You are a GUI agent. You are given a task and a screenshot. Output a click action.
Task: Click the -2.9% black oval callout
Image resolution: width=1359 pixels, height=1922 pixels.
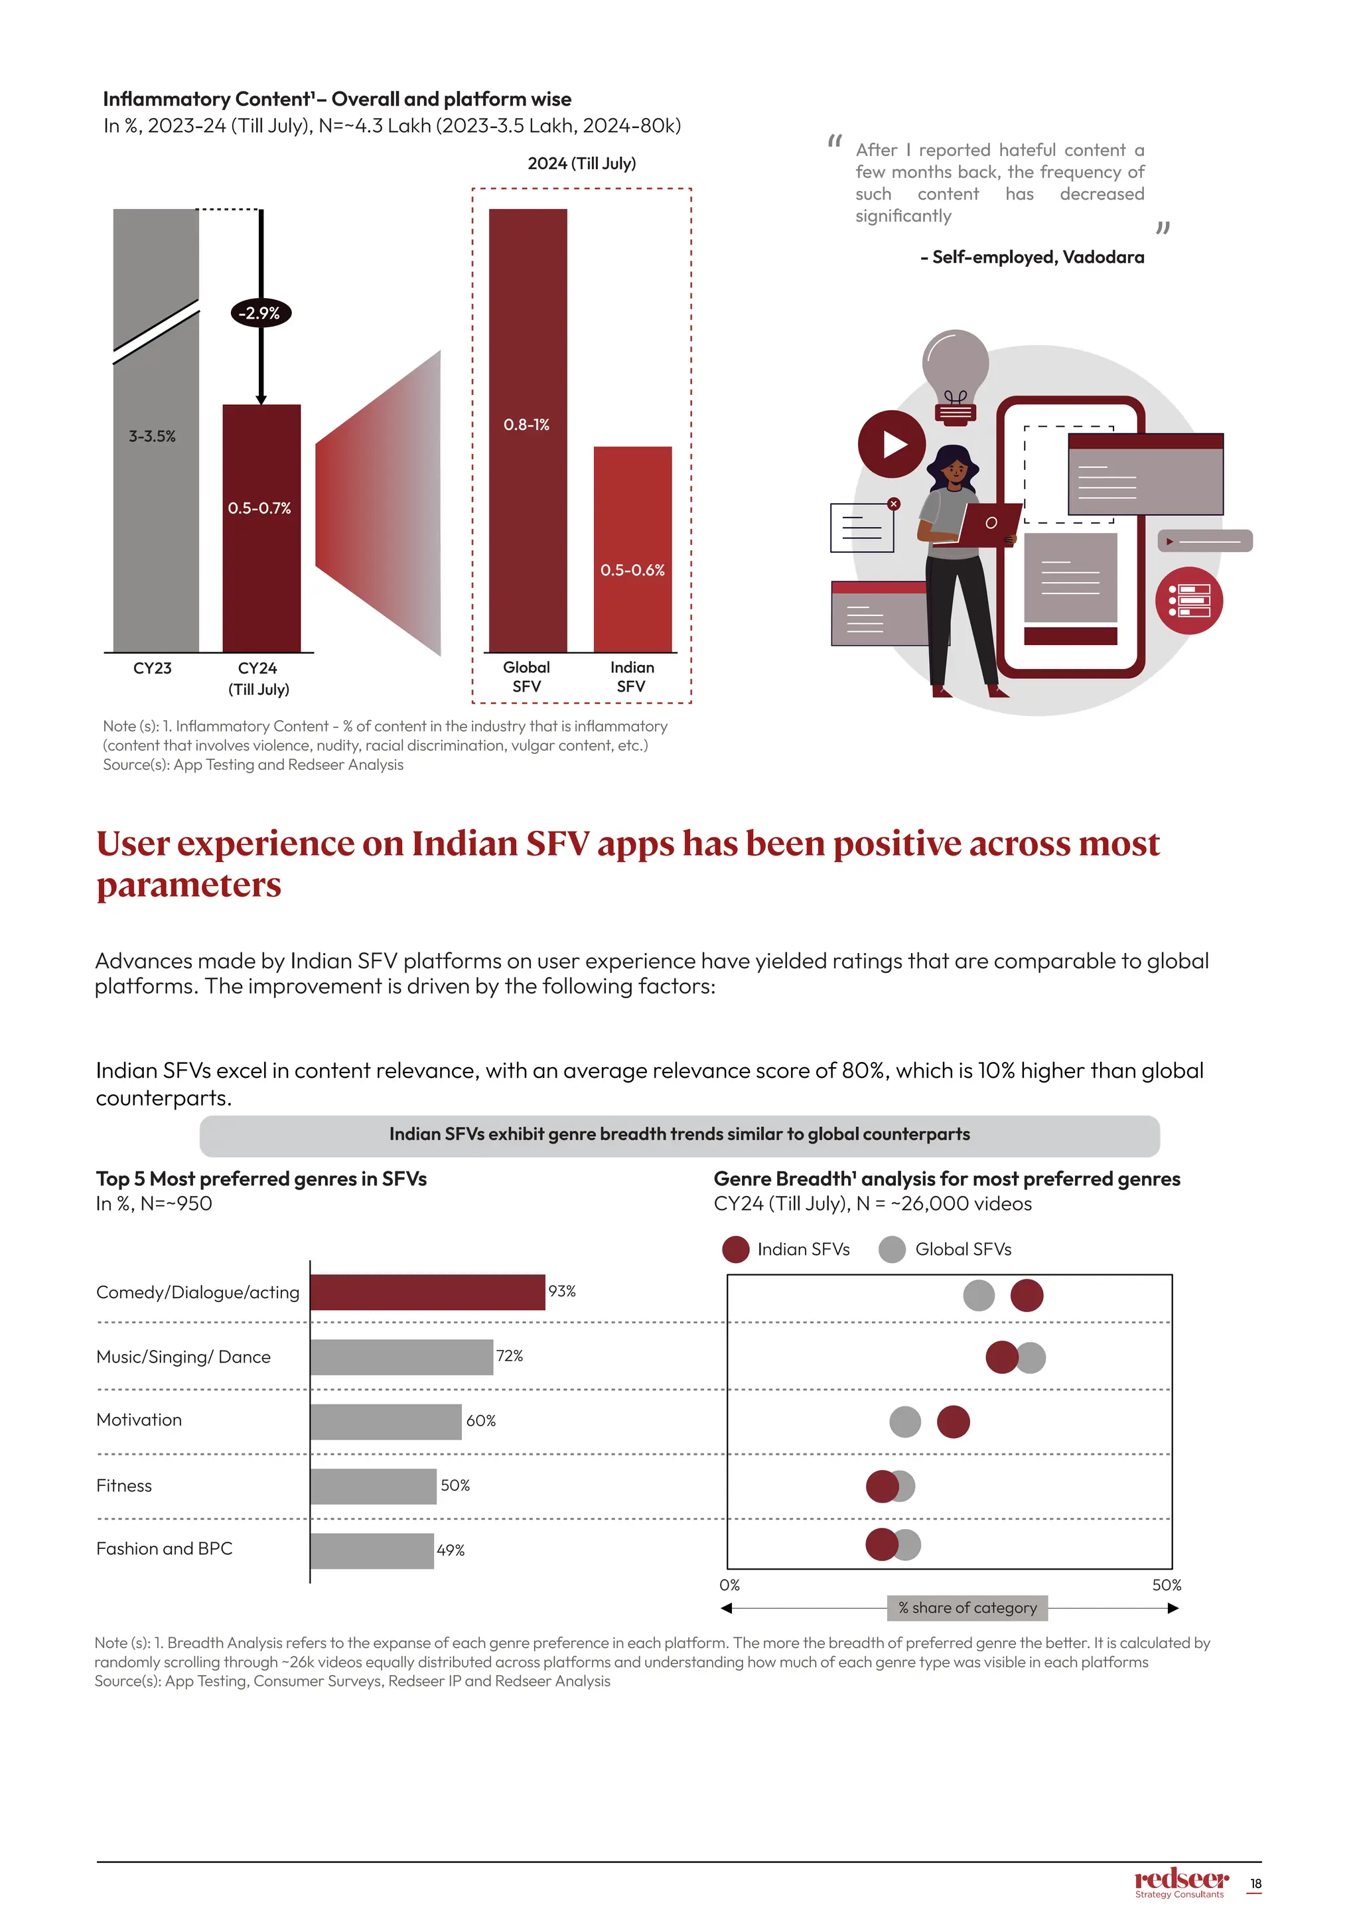(260, 313)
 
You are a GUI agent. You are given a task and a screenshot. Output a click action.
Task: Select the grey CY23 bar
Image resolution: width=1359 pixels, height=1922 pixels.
(156, 502)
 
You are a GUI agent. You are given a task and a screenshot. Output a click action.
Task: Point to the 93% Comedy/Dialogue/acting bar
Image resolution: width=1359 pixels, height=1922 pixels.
(427, 1292)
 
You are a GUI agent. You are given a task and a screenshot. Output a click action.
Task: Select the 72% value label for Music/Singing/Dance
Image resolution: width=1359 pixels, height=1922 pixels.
(510, 1355)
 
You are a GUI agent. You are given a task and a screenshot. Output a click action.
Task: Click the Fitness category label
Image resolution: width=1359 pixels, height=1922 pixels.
(124, 1485)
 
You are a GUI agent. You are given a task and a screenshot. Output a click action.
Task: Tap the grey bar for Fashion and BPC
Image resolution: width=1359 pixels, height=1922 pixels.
(372, 1550)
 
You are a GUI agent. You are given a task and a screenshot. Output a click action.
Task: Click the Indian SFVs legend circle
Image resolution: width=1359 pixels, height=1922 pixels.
(735, 1249)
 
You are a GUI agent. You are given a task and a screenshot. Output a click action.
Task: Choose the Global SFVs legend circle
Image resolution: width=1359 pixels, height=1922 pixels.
(892, 1249)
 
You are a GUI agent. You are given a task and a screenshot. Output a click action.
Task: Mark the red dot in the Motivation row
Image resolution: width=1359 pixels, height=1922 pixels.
(953, 1422)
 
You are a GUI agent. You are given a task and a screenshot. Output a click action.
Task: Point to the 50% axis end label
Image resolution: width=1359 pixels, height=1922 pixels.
(1166, 1585)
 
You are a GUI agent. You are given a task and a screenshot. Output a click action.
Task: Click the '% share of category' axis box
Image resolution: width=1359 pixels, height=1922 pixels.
(967, 1607)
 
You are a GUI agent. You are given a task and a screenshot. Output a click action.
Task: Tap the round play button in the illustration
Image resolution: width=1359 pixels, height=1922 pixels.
(892, 444)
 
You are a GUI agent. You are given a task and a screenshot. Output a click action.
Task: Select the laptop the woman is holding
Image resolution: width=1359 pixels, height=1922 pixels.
(990, 524)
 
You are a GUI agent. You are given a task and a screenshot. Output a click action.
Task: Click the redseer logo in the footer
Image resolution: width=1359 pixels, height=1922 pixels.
(1180, 1881)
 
